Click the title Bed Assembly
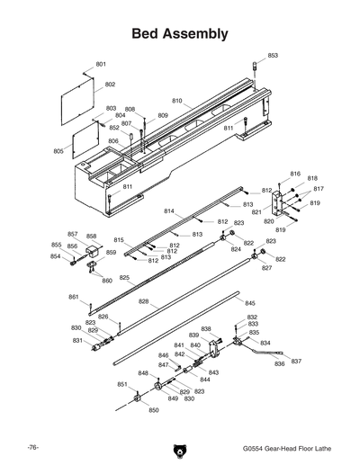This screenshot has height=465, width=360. (x=179, y=34)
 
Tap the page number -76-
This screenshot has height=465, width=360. (x=31, y=447)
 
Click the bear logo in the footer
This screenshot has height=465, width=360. (x=179, y=449)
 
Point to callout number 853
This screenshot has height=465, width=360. (x=273, y=56)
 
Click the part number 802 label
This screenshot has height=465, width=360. (x=110, y=85)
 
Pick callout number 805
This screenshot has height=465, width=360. (x=58, y=151)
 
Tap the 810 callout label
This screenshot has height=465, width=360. (x=176, y=101)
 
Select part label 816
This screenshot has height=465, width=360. (x=294, y=173)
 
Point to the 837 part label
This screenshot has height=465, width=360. (x=296, y=360)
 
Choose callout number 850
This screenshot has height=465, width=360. (x=153, y=410)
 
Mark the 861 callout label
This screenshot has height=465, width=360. (x=73, y=297)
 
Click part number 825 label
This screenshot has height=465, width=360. (x=124, y=278)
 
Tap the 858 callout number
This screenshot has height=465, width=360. (x=91, y=236)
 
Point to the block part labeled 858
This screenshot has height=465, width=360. (x=90, y=251)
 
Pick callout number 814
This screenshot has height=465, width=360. (x=168, y=210)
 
